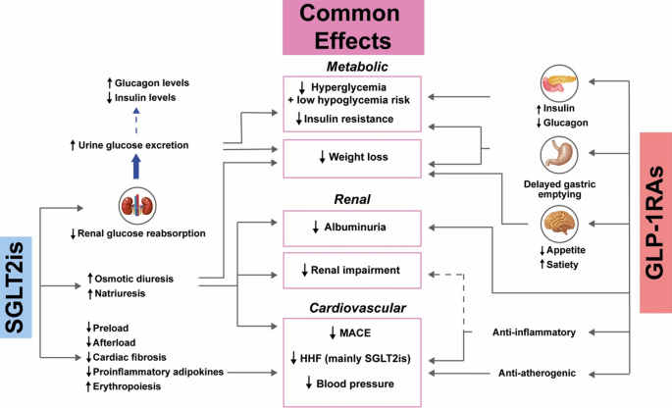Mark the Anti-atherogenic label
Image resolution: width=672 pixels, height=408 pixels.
tap(536, 373)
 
